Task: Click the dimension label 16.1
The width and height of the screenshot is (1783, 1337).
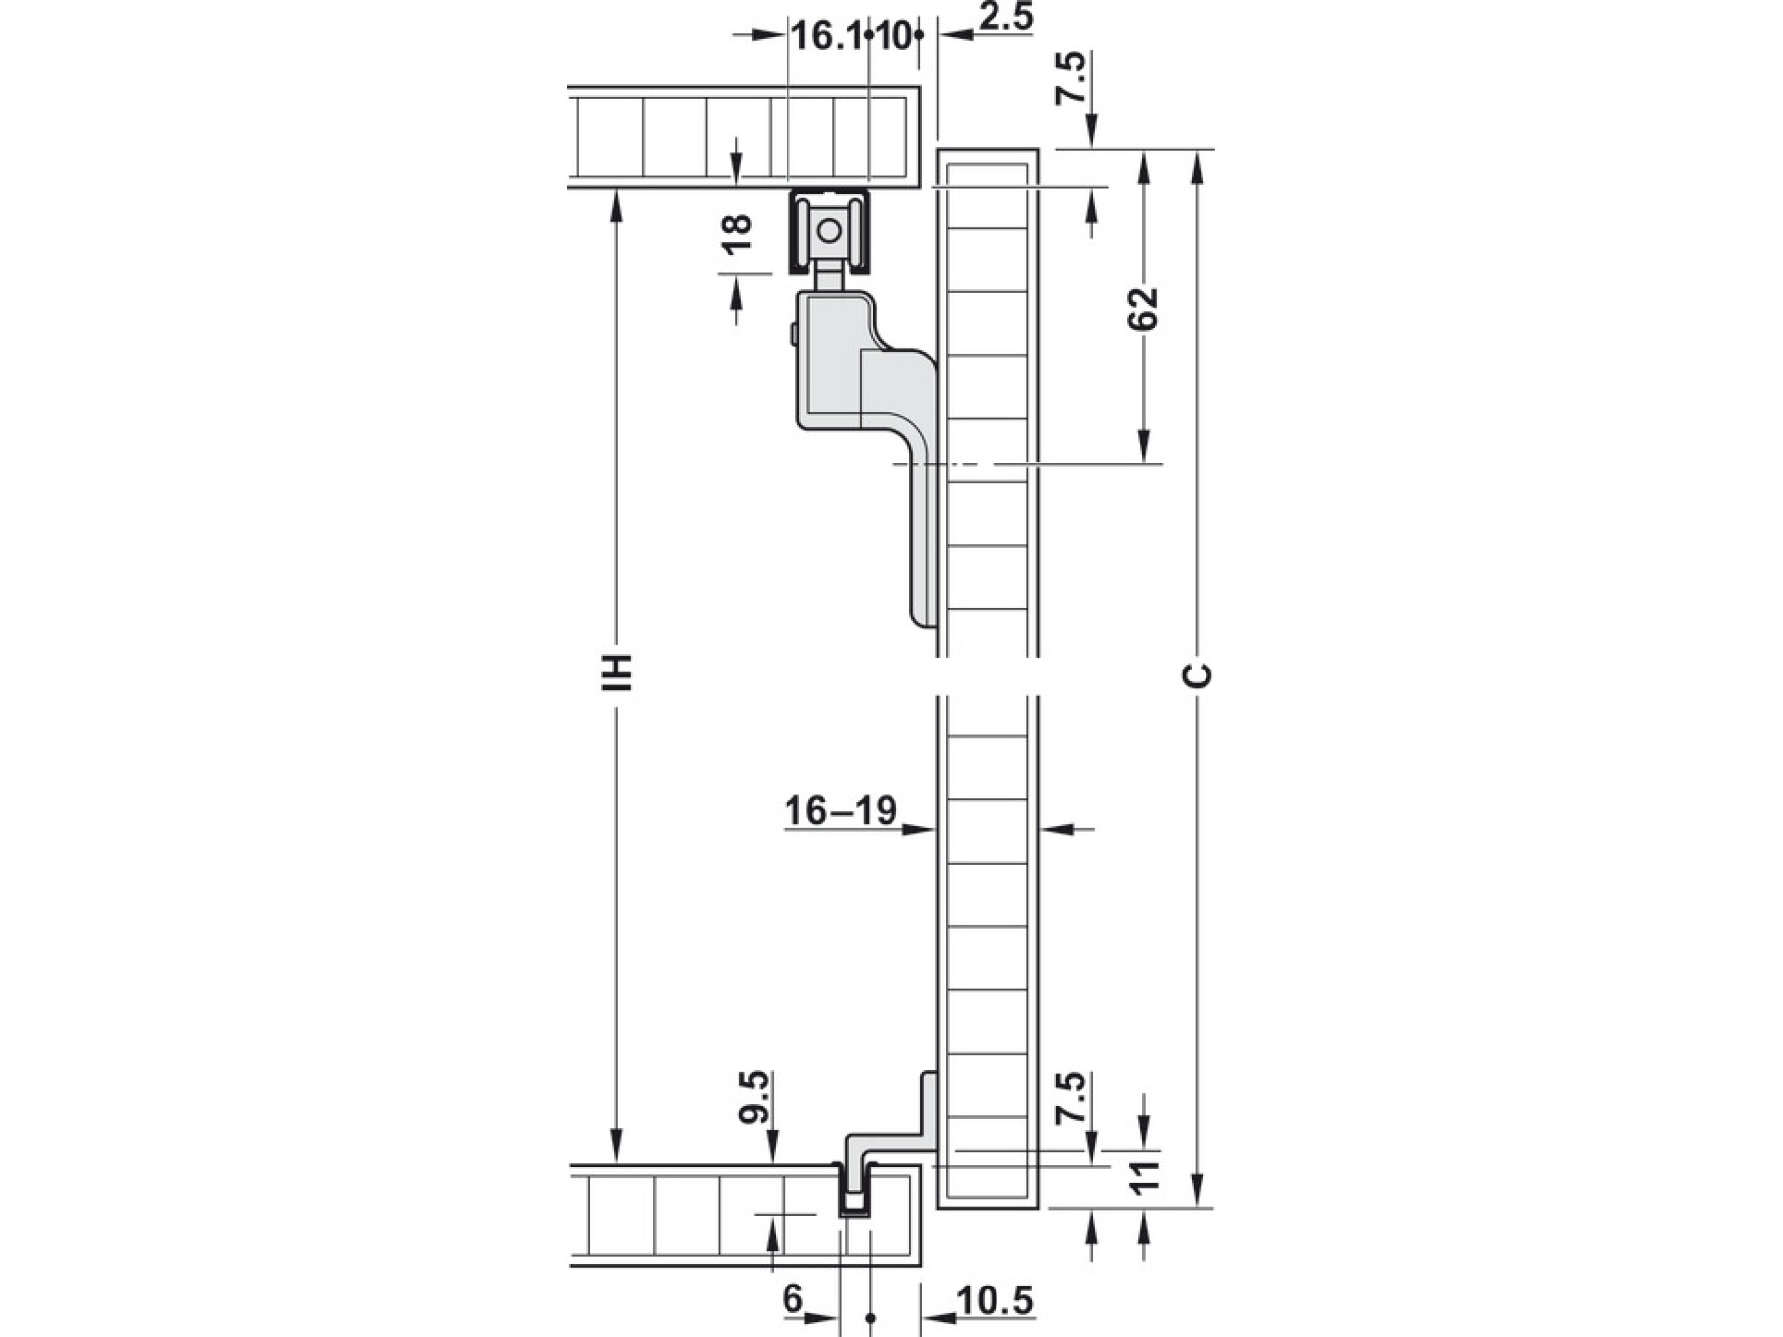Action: pos(826,37)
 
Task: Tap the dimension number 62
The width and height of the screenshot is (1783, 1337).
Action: pos(1143,308)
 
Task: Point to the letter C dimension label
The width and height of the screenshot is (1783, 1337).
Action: pos(1198,675)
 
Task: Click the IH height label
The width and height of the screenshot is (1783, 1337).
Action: pos(618,671)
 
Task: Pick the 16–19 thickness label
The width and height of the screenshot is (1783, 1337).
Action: pos(841,810)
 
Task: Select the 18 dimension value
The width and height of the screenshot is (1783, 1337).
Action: pos(737,235)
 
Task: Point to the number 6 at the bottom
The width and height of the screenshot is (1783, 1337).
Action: pos(792,1298)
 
